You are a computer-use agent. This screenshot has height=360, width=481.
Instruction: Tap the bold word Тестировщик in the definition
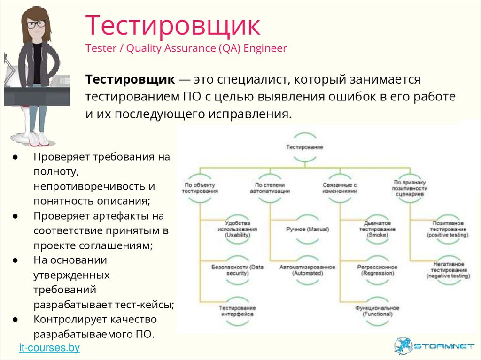click(129, 79)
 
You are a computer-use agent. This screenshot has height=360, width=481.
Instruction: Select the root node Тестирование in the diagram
click(305, 147)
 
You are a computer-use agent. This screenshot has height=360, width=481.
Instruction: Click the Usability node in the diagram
click(237, 229)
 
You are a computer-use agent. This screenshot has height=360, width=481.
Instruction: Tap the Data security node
click(237, 270)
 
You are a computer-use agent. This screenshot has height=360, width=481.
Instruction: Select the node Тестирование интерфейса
click(237, 311)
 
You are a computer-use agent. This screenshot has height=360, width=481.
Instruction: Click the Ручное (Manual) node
click(307, 229)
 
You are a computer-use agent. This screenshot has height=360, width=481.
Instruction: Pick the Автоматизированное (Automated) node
click(307, 270)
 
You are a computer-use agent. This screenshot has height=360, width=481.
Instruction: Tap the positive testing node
click(447, 229)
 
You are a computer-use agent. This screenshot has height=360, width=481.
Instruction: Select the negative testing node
click(447, 270)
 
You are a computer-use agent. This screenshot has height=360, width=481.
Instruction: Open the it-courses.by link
click(49, 348)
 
